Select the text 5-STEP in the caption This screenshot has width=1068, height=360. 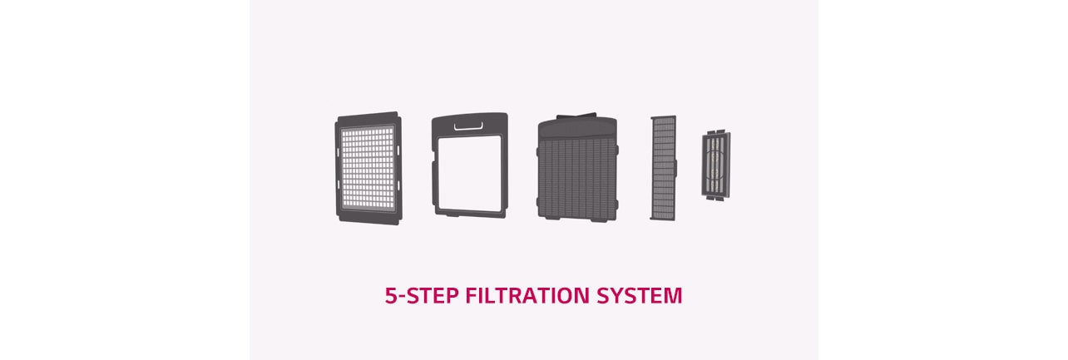pos(421,295)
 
